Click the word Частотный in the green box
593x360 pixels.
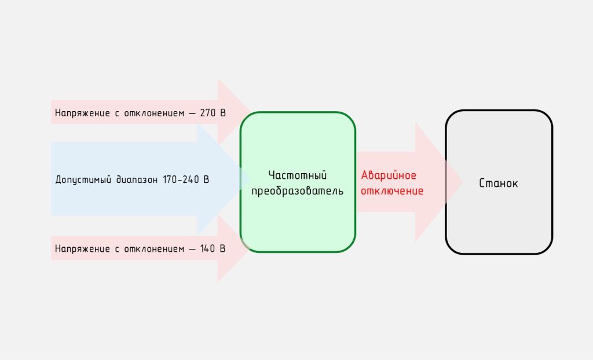298,175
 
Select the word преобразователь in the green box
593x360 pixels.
298,190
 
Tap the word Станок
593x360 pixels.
499,183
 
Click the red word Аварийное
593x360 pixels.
389,175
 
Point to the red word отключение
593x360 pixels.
393,190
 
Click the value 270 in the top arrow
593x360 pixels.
208,113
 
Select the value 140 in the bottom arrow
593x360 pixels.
208,249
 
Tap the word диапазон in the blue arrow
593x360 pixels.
134,179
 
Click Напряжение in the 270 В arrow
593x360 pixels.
81,113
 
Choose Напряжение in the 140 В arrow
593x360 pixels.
81,249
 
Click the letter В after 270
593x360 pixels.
222,113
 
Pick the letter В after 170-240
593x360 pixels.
206,179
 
